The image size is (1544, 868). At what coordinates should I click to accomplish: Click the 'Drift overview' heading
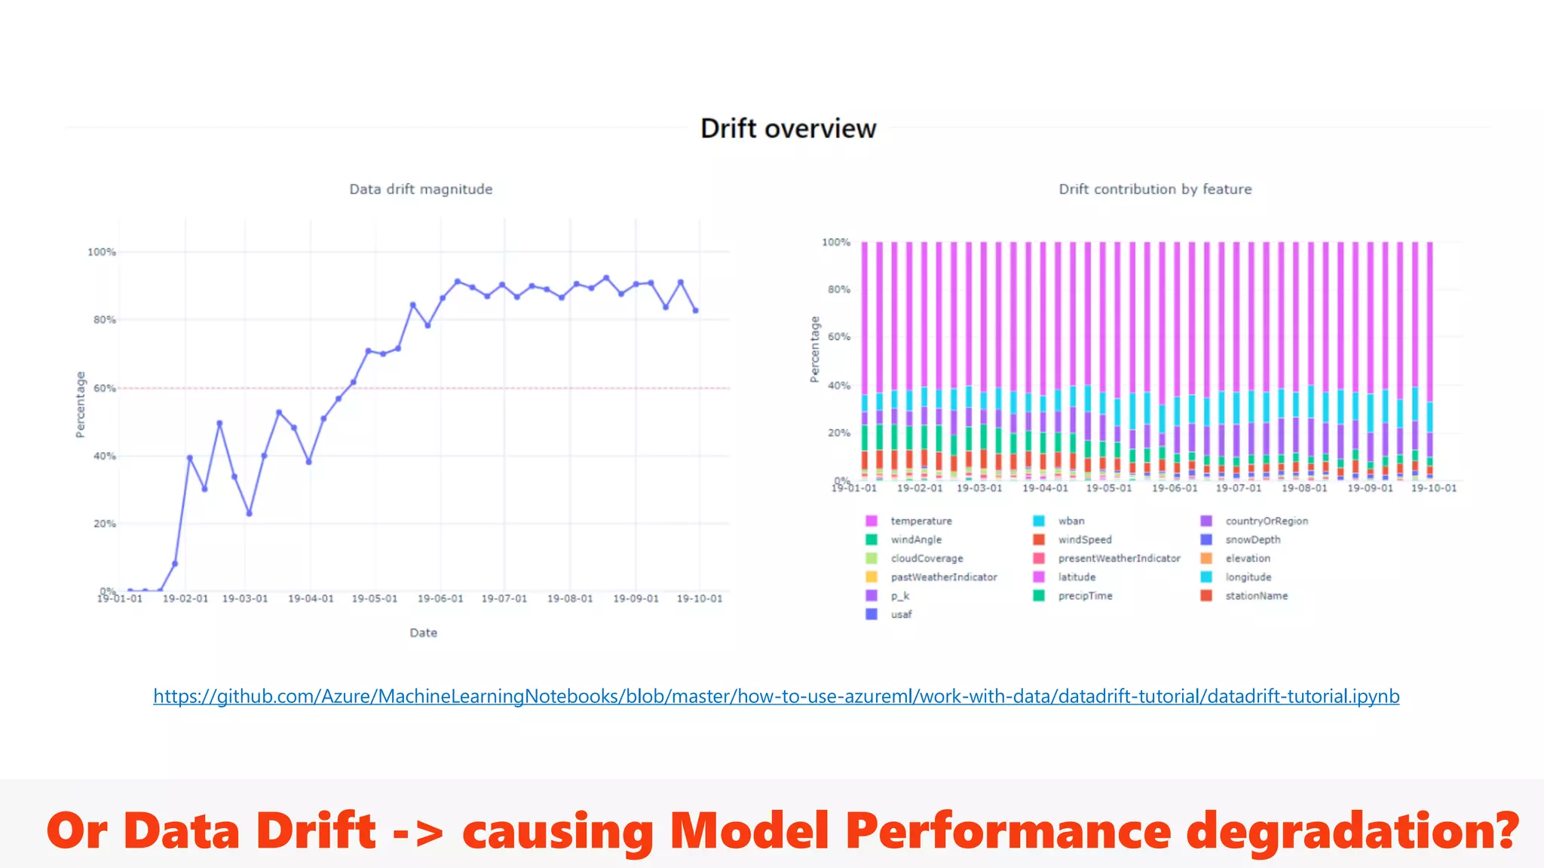pos(788,129)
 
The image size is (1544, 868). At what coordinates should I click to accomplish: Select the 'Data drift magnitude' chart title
pos(421,189)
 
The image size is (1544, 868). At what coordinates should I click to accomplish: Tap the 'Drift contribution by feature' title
pos(1155,189)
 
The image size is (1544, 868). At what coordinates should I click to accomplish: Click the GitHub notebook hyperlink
pos(776,696)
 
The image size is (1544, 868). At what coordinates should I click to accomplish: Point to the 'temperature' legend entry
pos(921,521)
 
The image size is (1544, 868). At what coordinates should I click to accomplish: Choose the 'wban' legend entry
pos(1071,521)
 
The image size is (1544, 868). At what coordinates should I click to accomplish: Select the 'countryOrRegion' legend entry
pos(1266,521)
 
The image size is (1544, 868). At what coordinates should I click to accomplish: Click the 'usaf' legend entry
pos(901,614)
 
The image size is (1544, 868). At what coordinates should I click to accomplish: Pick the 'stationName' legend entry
pos(1256,595)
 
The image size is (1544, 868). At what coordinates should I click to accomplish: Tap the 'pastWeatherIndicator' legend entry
pos(943,577)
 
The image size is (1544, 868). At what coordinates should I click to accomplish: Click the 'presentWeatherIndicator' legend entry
pos(1119,558)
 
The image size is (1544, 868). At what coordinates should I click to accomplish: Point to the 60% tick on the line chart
pos(105,388)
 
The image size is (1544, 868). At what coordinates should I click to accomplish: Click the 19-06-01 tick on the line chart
pos(440,598)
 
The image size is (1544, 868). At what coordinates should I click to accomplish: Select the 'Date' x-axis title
pos(423,633)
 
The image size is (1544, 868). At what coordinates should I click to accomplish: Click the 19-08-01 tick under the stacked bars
pos(1304,488)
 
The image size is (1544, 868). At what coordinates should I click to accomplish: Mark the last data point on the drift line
pos(696,310)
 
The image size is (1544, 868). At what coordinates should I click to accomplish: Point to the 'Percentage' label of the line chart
pos(80,405)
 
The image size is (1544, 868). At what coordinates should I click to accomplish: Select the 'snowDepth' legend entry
pos(1252,539)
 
